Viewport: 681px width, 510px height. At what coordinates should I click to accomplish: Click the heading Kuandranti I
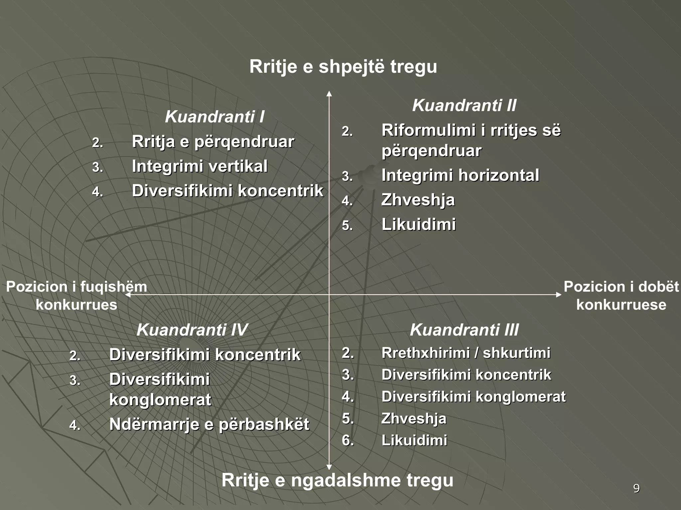pos(214,117)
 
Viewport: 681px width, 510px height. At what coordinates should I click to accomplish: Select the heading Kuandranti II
pos(464,106)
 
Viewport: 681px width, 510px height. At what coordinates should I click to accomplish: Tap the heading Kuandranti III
pos(464,330)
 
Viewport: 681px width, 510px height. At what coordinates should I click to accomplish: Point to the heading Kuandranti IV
pos(192,330)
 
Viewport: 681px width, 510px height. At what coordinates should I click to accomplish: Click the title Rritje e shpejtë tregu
pos(343,66)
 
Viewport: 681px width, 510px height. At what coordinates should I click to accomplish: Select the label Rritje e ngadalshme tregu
pos(337,480)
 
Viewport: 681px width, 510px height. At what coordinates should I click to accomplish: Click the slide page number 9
pos(636,489)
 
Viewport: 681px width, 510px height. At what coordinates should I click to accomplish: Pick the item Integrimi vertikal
pos(200,166)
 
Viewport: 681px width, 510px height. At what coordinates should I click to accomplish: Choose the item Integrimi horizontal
pos(460,175)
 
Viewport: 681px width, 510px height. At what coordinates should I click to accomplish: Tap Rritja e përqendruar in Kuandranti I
pos(213,142)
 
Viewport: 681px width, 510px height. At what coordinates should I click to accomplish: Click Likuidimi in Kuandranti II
pos(419,224)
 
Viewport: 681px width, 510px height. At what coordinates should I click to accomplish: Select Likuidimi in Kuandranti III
pos(414,441)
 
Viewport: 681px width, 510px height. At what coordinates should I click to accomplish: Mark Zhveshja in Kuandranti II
pos(418,200)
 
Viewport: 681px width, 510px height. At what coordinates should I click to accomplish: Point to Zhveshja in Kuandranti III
pos(414,419)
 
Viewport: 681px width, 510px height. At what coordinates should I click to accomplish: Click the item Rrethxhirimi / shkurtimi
pos(466,353)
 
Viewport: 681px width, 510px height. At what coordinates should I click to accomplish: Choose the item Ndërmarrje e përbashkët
pos(209,424)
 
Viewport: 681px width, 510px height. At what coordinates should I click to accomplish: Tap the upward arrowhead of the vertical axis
pos(329,94)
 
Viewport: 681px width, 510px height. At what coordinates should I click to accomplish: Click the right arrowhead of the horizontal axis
pos(559,295)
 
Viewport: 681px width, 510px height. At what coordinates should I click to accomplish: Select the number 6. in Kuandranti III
pos(348,441)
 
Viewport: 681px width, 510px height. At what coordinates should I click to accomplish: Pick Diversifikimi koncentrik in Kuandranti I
pos(227,191)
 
